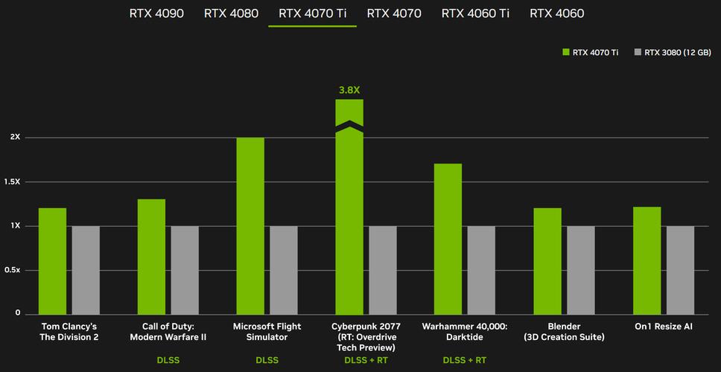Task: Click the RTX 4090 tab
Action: (x=156, y=13)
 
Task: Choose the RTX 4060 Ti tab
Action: (x=474, y=13)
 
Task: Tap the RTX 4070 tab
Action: (x=394, y=13)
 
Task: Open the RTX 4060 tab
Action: (x=557, y=13)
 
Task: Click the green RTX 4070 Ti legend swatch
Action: (x=566, y=52)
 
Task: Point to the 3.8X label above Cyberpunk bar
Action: (x=349, y=90)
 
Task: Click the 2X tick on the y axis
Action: (x=15, y=138)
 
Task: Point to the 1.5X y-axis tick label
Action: (x=15, y=182)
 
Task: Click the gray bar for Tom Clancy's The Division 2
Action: (x=86, y=269)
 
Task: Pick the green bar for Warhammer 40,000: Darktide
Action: (x=448, y=238)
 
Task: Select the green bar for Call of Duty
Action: (x=151, y=256)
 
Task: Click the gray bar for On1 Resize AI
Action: (x=680, y=269)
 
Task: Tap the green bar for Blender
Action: (x=547, y=260)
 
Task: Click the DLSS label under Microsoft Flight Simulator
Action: (x=267, y=361)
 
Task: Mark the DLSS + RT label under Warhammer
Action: (x=464, y=361)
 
